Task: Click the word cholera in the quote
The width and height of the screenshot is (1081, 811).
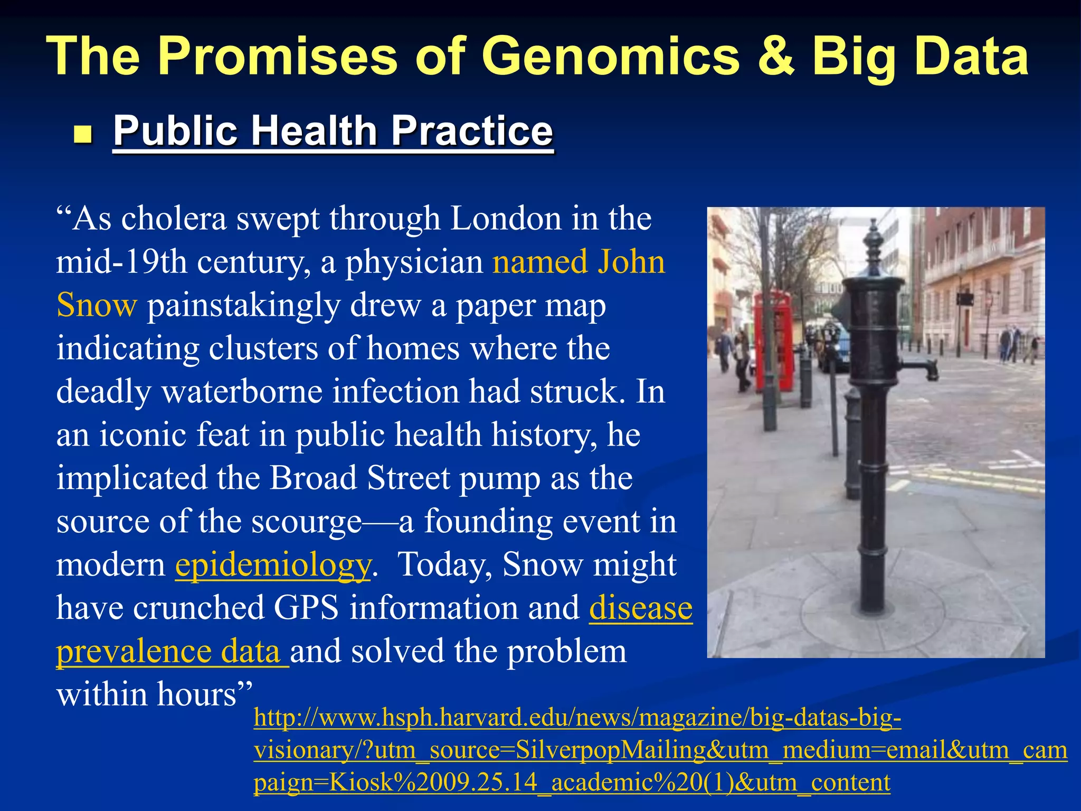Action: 174,219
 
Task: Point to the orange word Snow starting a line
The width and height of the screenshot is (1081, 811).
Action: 97,305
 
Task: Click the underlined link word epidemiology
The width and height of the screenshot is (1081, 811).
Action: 273,565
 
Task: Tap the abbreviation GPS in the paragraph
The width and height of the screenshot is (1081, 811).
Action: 306,608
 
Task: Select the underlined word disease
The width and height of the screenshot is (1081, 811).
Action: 640,608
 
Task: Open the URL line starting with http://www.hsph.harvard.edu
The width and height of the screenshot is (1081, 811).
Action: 577,718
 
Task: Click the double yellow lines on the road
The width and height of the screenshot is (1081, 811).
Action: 976,480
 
